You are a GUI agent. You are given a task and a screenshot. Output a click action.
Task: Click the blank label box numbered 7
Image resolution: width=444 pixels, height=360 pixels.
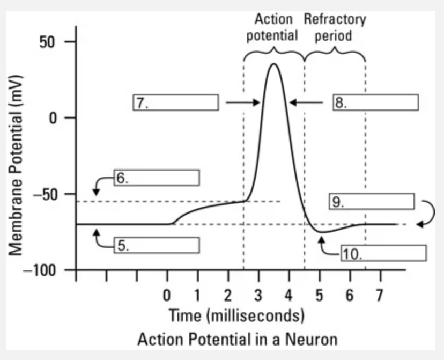pyautogui.click(x=176, y=102)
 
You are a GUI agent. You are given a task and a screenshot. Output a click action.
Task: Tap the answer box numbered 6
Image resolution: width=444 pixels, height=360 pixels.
pyautogui.click(x=157, y=178)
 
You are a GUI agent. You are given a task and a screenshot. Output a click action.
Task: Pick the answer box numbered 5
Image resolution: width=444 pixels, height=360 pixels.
pyautogui.click(x=157, y=245)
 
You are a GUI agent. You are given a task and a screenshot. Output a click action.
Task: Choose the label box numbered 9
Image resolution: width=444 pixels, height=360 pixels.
pyautogui.click(x=372, y=202)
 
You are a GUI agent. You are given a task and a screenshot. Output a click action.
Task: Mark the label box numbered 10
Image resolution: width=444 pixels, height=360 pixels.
pyautogui.click(x=383, y=253)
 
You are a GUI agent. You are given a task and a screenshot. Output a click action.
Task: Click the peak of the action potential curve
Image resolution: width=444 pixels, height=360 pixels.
pyautogui.click(x=274, y=64)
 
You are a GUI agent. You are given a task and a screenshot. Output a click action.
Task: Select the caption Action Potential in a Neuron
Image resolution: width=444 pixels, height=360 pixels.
pyautogui.click(x=237, y=340)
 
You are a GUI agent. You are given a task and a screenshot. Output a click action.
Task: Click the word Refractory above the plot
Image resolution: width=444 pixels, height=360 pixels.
pyautogui.click(x=335, y=20)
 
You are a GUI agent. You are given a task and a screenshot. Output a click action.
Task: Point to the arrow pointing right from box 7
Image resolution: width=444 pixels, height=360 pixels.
pyautogui.click(x=242, y=102)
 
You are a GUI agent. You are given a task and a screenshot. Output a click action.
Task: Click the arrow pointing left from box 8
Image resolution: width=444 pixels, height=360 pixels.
pyautogui.click(x=306, y=102)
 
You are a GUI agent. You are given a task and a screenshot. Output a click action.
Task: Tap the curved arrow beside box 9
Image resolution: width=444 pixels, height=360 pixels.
pyautogui.click(x=428, y=214)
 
